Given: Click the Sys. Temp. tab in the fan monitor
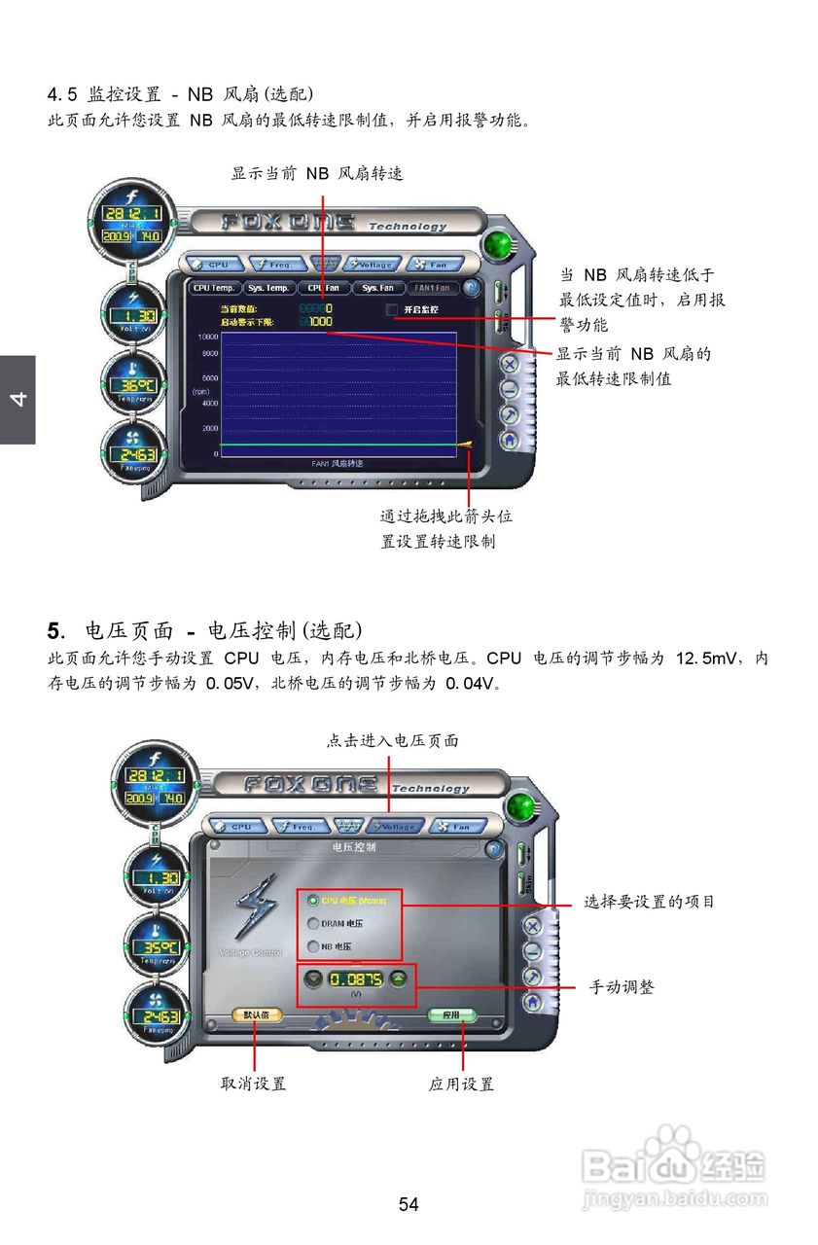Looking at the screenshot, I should coord(268,288).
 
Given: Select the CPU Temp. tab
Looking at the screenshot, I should coord(213,288).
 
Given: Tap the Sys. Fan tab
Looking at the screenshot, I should coord(377,288).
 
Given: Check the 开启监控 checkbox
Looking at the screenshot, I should coord(393,309).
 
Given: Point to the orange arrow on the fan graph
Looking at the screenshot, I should coord(466,445).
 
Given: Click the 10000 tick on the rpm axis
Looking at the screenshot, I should coord(208,336).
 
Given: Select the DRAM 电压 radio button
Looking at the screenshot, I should coord(313,924).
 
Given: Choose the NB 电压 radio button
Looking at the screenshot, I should coord(313,946).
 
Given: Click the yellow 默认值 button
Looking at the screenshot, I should coord(257,1014).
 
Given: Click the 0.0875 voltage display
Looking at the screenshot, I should coord(355,979).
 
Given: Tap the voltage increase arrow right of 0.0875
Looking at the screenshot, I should coord(398,979).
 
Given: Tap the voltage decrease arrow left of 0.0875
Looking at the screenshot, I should coord(311,979).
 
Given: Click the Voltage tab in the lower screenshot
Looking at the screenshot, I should coord(395,827).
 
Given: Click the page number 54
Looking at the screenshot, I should coord(409,1205).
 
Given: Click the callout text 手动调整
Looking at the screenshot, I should coord(622,987).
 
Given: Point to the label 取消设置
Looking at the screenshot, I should coord(254,1084).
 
